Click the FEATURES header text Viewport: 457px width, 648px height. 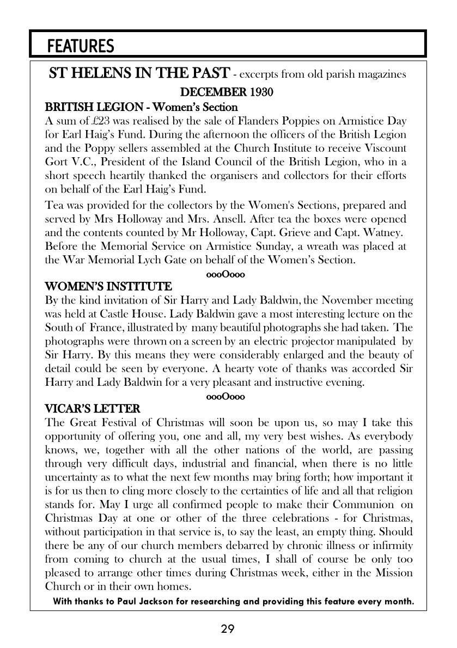click(x=81, y=47)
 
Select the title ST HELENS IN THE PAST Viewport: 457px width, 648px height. click(x=139, y=73)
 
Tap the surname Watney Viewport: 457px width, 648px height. click(x=385, y=232)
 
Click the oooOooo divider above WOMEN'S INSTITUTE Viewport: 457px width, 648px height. click(x=226, y=274)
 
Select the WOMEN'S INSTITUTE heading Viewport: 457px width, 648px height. click(x=108, y=286)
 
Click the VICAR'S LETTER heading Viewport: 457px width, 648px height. click(x=92, y=409)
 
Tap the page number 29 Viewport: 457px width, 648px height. click(x=228, y=630)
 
